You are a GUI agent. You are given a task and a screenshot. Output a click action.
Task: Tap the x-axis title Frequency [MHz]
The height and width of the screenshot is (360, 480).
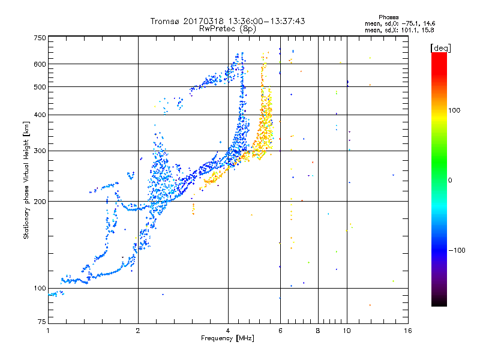[x=227, y=339]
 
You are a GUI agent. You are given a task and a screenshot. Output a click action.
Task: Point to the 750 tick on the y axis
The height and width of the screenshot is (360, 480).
[x=40, y=38]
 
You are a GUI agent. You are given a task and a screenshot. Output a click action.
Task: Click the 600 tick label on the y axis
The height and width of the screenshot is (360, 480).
[x=40, y=64]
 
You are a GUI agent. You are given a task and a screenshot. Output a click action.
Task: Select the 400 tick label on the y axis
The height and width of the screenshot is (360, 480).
[x=40, y=115]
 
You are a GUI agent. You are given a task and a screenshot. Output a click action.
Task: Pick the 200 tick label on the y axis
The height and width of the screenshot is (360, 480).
[x=40, y=201]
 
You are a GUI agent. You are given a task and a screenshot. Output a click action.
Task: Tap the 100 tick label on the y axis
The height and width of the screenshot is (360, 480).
[x=40, y=288]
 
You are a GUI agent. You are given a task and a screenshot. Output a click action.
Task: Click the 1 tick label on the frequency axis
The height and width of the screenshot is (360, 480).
[x=48, y=331]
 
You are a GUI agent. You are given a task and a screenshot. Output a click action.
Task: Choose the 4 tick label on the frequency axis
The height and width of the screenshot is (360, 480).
[x=228, y=331]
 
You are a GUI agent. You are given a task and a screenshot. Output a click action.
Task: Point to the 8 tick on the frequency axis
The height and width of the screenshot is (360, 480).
[x=318, y=331]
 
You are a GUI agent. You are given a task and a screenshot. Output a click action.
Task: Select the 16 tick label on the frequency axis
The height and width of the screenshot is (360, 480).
[x=407, y=331]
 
